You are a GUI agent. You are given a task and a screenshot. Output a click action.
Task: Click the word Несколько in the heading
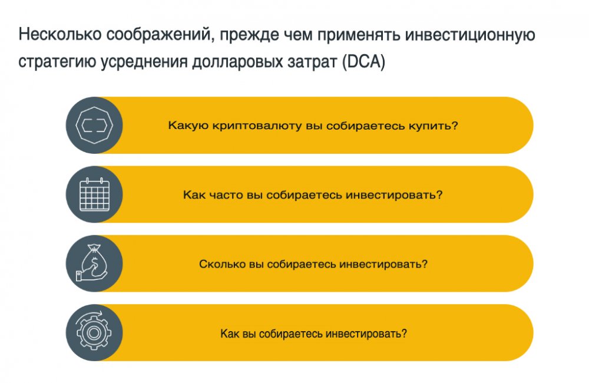pos(60,34)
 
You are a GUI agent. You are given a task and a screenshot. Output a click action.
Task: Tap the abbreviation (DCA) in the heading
pos(363,62)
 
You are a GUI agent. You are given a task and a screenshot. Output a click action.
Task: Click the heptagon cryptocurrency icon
pos(94,125)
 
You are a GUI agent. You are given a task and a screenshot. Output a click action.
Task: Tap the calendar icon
pos(95,194)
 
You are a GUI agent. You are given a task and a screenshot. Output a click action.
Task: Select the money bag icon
pos(92,263)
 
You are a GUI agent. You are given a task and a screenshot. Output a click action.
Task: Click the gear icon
pos(94,332)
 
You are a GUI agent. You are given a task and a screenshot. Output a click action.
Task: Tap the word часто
pos(226,195)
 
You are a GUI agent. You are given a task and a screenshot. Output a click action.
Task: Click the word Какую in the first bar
pos(188,126)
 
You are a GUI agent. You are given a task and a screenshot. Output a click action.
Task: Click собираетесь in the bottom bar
pos(290,334)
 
